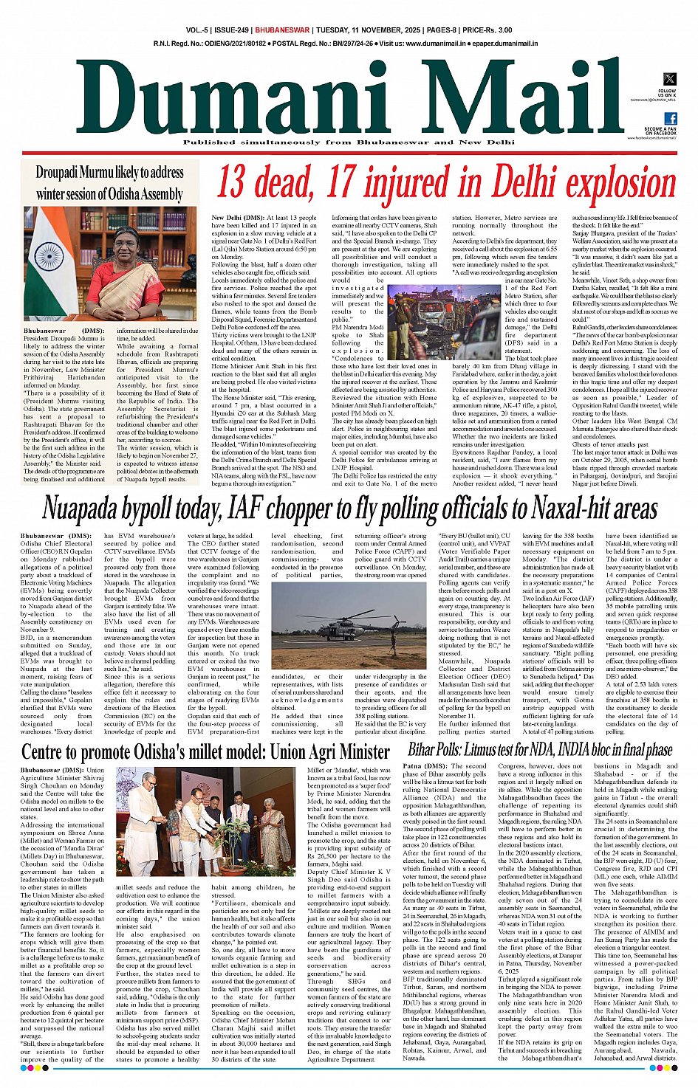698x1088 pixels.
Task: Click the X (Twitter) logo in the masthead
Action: pos(669,79)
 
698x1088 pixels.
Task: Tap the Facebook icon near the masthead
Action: pos(670,119)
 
